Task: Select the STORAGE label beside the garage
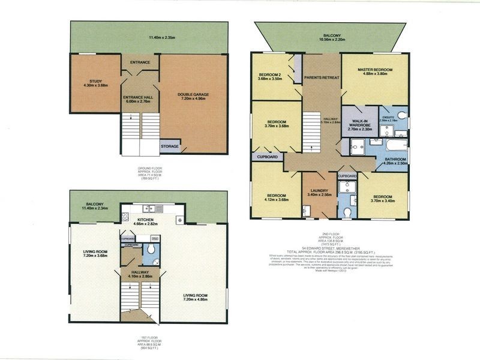(169, 145)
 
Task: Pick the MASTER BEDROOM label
(375, 70)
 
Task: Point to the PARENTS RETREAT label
(322, 78)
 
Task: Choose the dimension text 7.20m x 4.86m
(196, 301)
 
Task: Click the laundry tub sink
(307, 209)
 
